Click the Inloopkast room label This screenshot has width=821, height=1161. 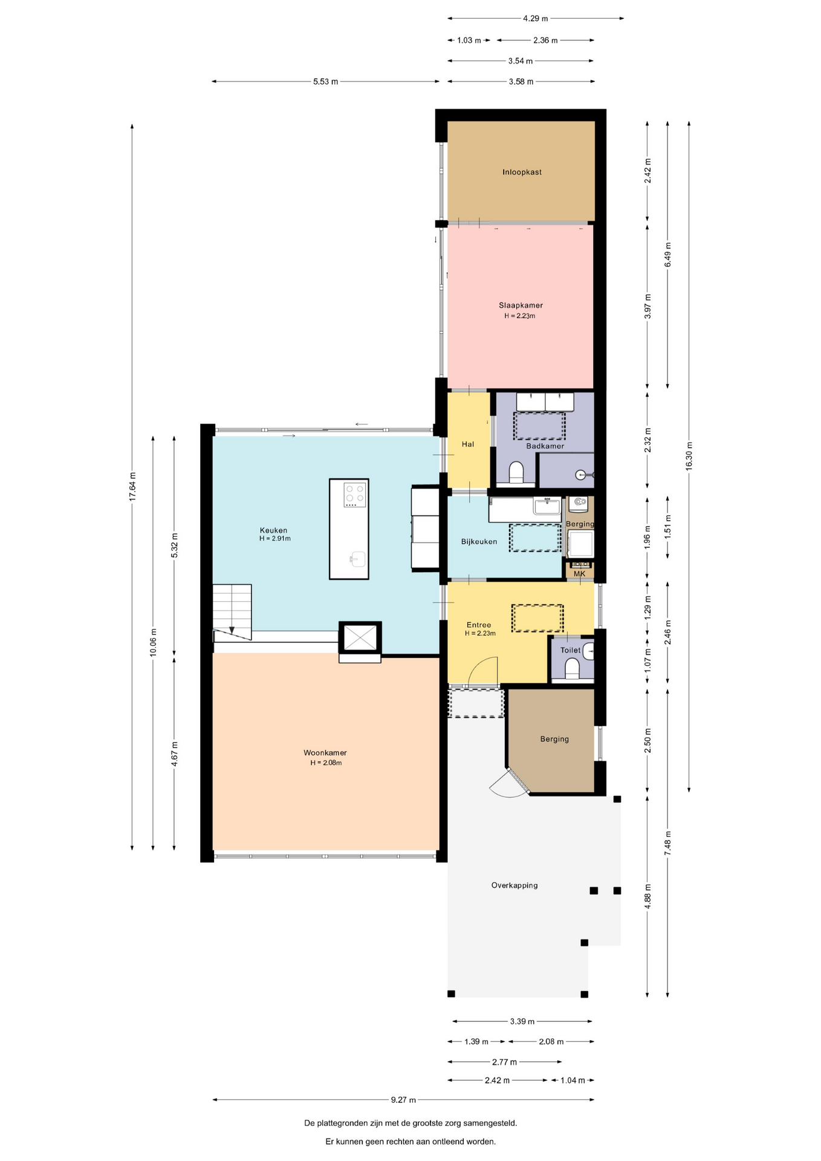(x=522, y=172)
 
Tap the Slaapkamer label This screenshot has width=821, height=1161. (x=521, y=305)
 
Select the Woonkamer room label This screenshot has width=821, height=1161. (x=325, y=753)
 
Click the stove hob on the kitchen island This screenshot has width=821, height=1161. (x=355, y=495)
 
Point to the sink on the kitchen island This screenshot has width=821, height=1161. (x=357, y=559)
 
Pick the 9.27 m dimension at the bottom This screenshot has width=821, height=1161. (x=403, y=1100)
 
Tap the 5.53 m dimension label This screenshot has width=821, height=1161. (x=325, y=82)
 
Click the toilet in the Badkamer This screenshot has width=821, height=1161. (x=517, y=472)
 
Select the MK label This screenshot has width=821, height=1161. (x=579, y=574)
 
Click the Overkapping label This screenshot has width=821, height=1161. (x=514, y=885)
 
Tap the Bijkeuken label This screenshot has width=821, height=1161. (x=479, y=542)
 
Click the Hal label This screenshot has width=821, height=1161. (x=468, y=444)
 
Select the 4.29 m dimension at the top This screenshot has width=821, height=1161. (x=536, y=19)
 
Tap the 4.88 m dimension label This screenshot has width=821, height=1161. (x=647, y=896)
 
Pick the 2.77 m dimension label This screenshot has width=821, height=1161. (x=504, y=1062)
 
